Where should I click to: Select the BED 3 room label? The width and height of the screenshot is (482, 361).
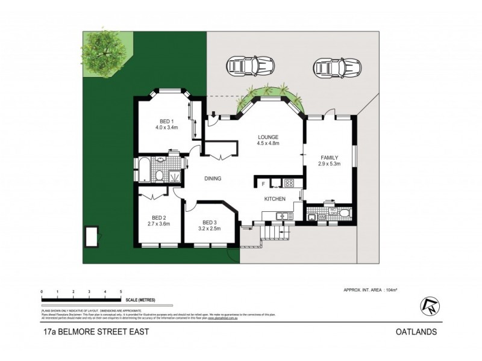click(x=210, y=221)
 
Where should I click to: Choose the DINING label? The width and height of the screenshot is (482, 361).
click(x=213, y=178)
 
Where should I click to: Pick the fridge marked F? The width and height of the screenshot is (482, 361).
click(x=263, y=183)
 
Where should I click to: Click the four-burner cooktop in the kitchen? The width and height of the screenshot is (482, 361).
click(x=289, y=183)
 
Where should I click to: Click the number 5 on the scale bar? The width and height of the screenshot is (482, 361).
click(x=121, y=292)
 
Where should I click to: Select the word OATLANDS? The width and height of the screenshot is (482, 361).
click(x=416, y=332)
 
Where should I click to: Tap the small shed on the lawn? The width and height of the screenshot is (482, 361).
click(x=93, y=236)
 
